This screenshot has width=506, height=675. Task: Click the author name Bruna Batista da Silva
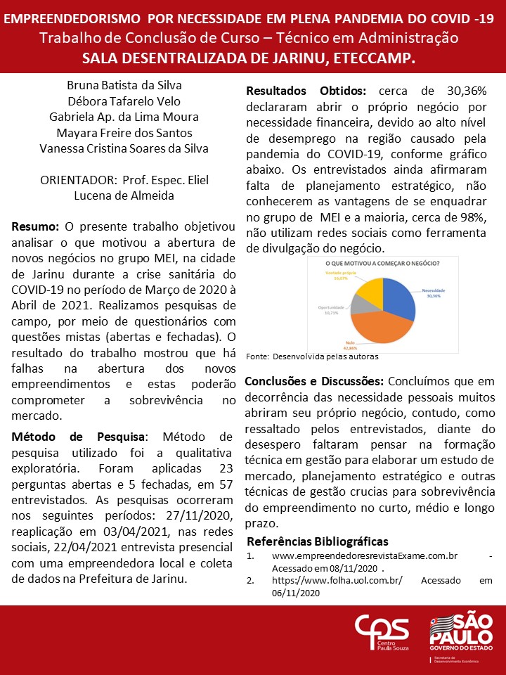point(124,85)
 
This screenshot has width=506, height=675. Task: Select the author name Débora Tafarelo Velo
point(124,101)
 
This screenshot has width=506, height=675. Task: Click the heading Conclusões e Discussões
point(313,381)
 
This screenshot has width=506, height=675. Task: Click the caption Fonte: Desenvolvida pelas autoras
point(312,356)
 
